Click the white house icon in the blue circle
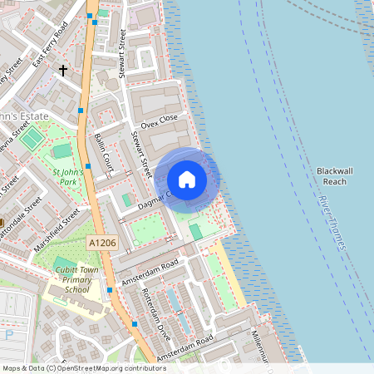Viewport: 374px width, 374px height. click(x=187, y=180)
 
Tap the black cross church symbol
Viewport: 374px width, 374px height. click(x=62, y=71)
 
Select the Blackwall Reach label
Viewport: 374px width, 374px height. click(x=337, y=175)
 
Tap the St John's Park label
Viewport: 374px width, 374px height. click(x=66, y=178)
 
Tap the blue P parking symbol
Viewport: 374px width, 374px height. click(x=8, y=335)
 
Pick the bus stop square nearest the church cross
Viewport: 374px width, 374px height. click(x=81, y=110)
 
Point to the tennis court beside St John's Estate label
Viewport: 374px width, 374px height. click(x=31, y=138)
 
